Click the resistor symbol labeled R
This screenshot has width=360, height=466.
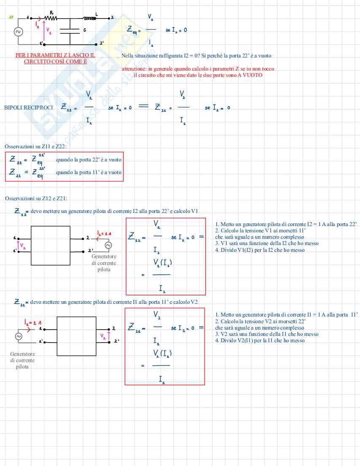coord(52,18)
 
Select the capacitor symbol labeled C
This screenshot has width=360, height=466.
coord(70,31)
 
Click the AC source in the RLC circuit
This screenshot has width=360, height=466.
coord(19,32)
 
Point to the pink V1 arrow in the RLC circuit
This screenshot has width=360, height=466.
coord(43,31)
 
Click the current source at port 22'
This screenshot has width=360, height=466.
coord(108,245)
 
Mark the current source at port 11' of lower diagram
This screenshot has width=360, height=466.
coord(19,336)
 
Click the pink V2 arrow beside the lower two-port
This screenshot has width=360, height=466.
coord(108,336)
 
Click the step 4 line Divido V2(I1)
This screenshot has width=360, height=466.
coord(260,341)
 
